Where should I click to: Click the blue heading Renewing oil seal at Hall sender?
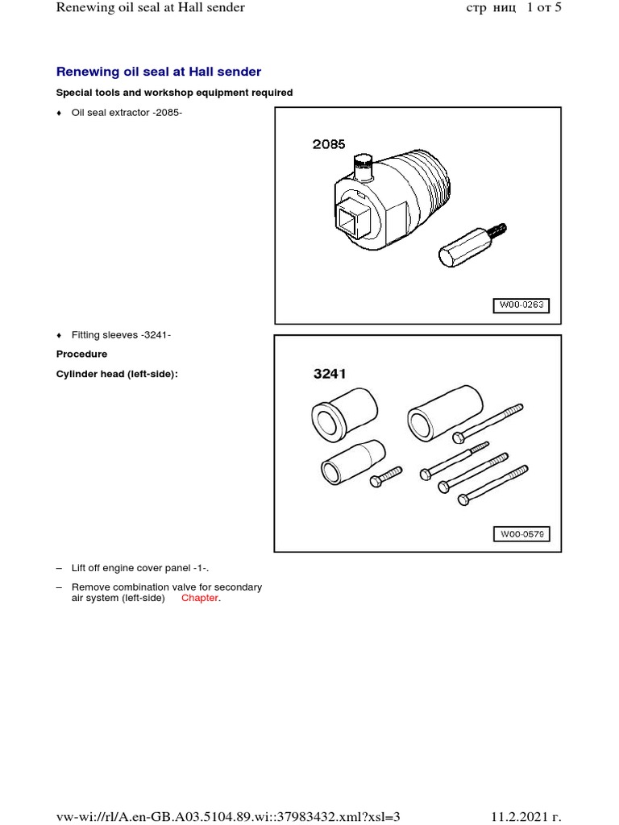point(159,73)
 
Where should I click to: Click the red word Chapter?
point(200,599)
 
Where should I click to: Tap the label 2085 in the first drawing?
point(329,144)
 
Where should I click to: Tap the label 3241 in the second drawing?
point(330,374)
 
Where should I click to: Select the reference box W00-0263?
point(521,305)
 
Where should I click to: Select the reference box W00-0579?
point(521,534)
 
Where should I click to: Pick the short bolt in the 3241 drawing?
point(386,476)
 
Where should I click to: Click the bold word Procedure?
point(81,354)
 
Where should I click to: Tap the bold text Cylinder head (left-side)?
point(116,373)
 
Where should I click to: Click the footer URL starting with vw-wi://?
point(228,816)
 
